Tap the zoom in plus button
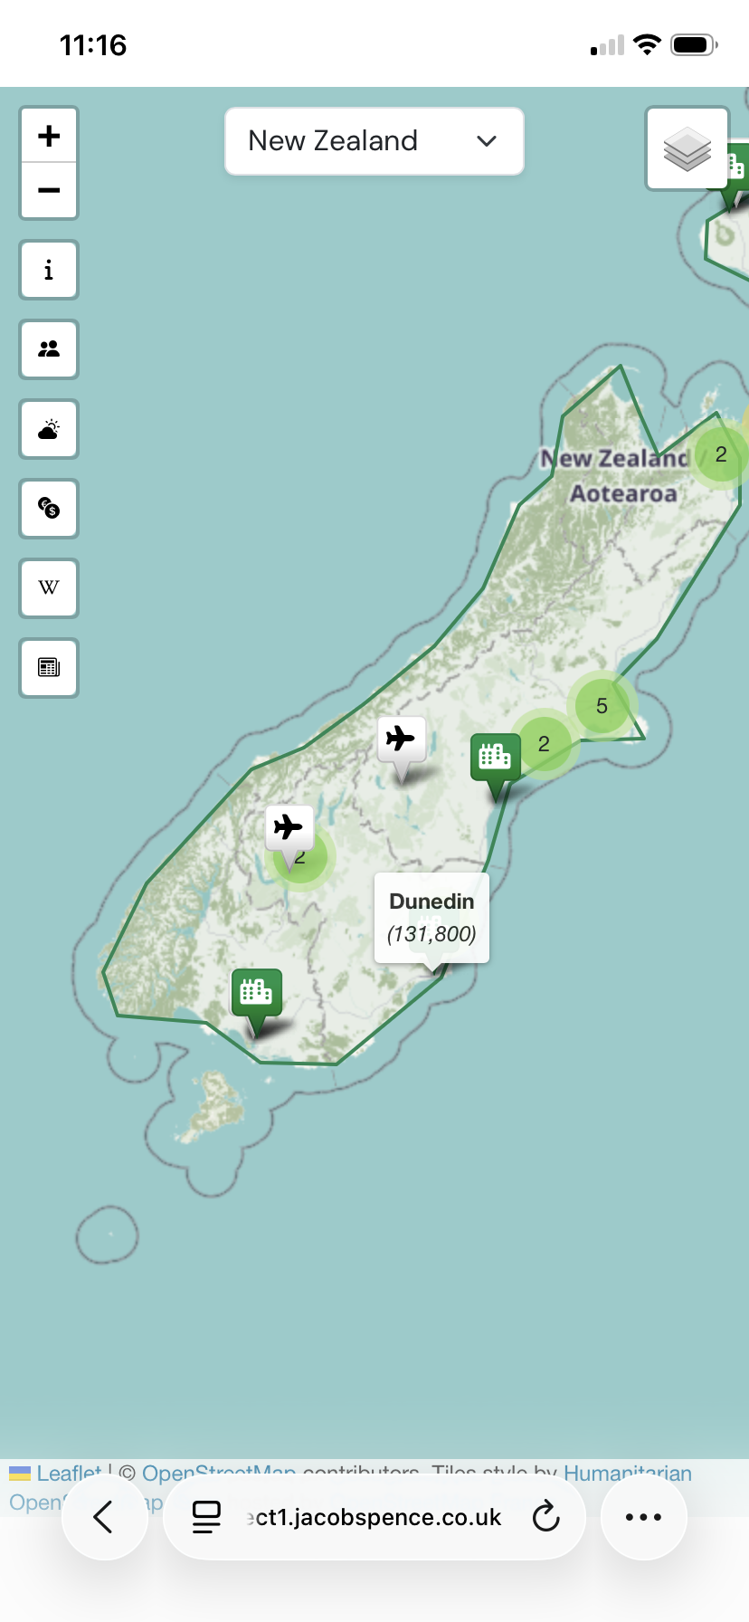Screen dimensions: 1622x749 click(x=49, y=136)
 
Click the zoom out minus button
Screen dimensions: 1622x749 click(x=49, y=190)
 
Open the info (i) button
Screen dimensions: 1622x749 click(x=49, y=270)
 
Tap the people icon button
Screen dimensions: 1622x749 click(x=49, y=349)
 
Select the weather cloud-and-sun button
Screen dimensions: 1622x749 click(x=49, y=429)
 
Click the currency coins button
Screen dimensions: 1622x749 click(x=49, y=509)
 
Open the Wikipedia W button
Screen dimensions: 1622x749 click(x=49, y=588)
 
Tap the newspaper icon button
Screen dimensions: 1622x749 click(x=49, y=668)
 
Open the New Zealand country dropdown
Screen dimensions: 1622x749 click(x=374, y=141)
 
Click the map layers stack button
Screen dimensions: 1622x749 click(x=687, y=149)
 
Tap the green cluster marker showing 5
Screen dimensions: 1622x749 click(x=602, y=706)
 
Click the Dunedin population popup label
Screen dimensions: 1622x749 click(x=431, y=917)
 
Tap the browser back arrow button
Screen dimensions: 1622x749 click(x=104, y=1517)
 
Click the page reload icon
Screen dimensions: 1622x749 click(x=545, y=1517)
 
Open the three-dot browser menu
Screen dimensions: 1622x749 click(x=643, y=1517)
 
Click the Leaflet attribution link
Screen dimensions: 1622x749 click(x=68, y=1472)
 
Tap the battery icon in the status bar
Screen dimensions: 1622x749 click(x=694, y=44)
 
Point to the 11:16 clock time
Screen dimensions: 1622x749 click(x=93, y=45)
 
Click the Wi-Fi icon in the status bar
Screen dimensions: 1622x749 click(x=647, y=44)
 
